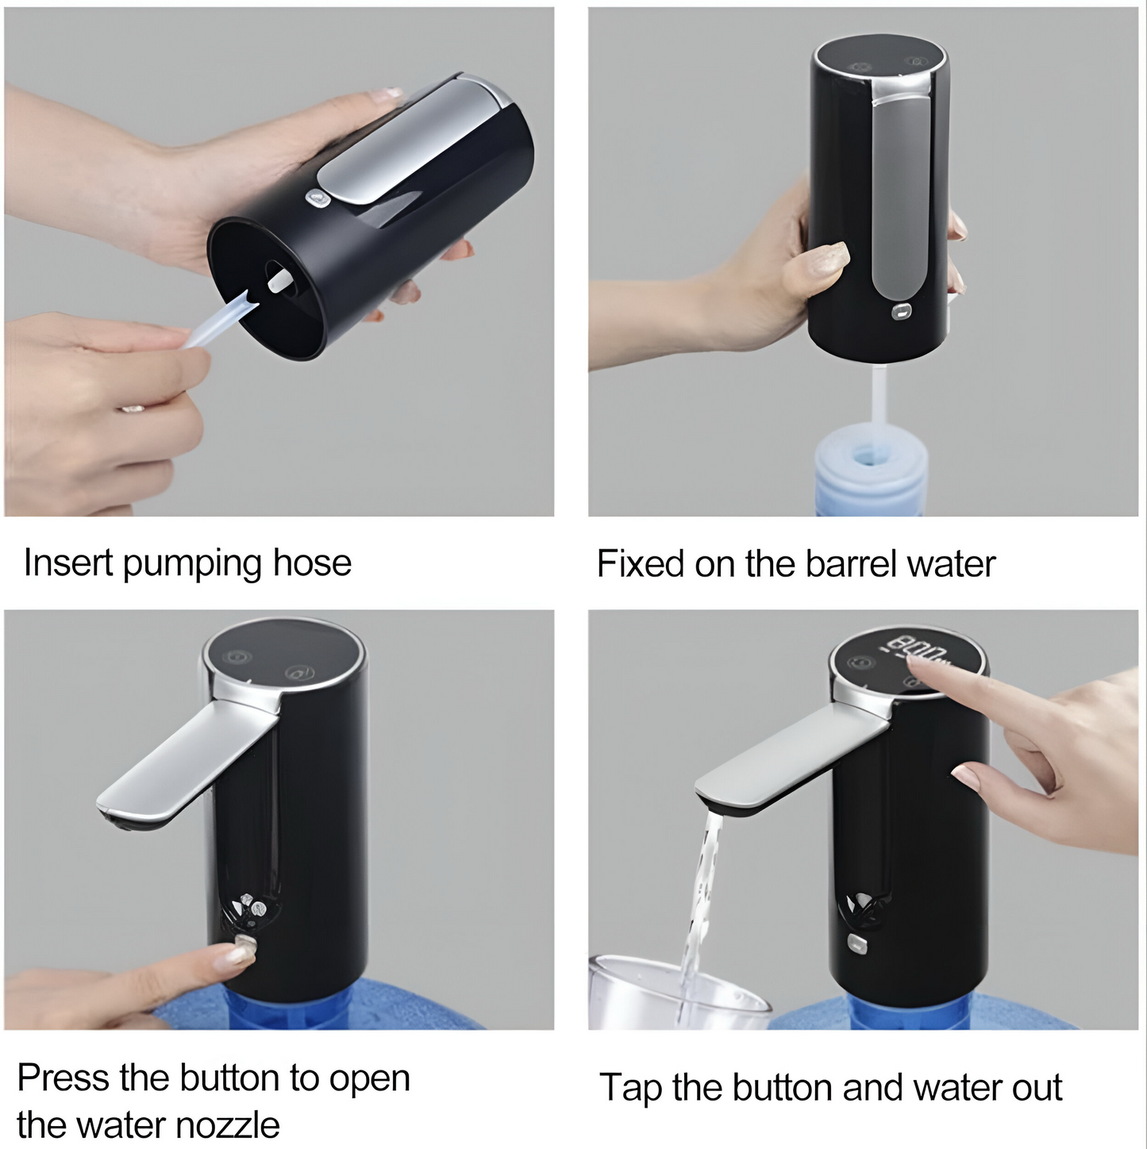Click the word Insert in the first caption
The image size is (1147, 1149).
pos(68,563)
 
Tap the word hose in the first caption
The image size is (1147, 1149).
pos(312,563)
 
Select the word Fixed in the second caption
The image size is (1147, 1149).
pos(640,563)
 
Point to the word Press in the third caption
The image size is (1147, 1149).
pos(63,1078)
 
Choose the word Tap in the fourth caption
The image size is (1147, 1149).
pos(630,1089)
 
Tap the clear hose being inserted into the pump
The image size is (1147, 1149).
pos(221,322)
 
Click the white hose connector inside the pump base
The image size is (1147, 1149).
pos(279,280)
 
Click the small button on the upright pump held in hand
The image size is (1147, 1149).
pos(901,310)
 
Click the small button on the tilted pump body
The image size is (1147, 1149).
pos(318,198)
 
